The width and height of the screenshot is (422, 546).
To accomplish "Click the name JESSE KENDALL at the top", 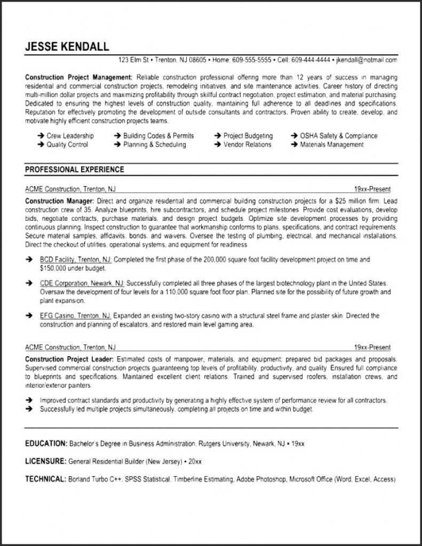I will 67,46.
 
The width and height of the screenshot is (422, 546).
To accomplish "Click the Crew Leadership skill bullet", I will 70,136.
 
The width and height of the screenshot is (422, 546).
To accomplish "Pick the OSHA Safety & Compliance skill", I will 338,136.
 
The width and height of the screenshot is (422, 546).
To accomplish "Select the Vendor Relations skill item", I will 247,144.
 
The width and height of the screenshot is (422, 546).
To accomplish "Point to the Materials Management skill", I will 331,144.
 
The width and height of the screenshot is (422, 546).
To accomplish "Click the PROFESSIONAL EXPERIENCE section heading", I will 75,170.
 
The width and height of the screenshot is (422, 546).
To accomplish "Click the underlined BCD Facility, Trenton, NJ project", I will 75,259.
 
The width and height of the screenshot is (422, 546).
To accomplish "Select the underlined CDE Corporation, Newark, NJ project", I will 82,283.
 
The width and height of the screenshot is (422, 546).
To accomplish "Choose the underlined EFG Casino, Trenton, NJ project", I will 75,316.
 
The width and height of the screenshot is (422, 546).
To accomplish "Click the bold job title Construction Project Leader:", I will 69,359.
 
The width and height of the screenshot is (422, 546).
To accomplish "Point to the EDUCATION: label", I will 46,443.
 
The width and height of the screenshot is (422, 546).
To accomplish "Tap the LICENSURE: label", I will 45,461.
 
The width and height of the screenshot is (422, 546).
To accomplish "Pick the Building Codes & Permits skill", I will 158,136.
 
